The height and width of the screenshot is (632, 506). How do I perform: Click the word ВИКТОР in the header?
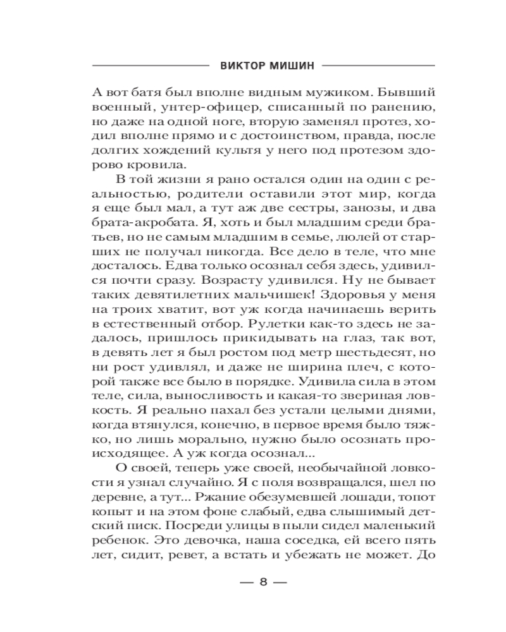pos(238,65)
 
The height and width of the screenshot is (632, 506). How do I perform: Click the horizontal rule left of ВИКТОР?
pos(149,65)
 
